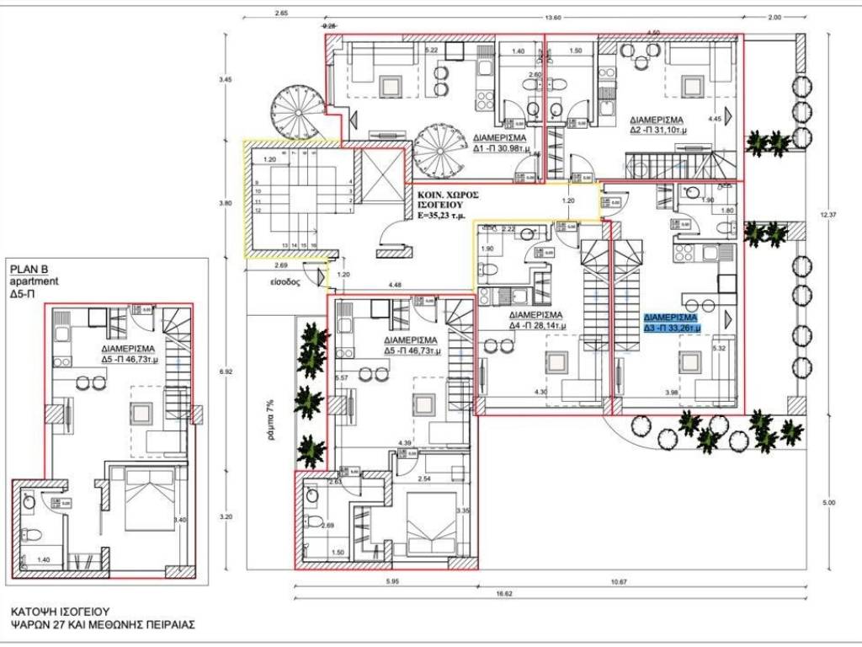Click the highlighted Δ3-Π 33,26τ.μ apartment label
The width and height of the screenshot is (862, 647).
673,323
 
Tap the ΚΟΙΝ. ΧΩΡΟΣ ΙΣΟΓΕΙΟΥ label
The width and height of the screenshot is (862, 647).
451,205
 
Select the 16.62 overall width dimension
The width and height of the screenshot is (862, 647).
505,594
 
